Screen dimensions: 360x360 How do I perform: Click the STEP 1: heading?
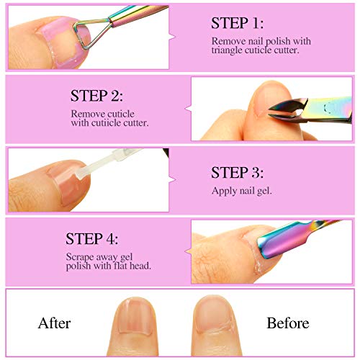click(x=237, y=23)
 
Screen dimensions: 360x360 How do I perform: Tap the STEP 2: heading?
click(x=96, y=96)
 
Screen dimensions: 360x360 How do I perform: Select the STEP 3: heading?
click(x=237, y=173)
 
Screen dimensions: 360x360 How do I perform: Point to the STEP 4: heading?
click(x=92, y=239)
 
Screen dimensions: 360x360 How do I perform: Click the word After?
click(x=55, y=323)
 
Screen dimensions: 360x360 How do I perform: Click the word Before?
click(x=288, y=323)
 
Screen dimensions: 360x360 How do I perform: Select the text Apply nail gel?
click(x=242, y=191)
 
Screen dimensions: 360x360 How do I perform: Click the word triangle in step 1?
click(x=227, y=50)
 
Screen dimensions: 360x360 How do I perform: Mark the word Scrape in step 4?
click(x=80, y=257)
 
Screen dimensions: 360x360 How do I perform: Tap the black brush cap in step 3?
click(x=166, y=153)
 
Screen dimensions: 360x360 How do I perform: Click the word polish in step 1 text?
click(x=279, y=41)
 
